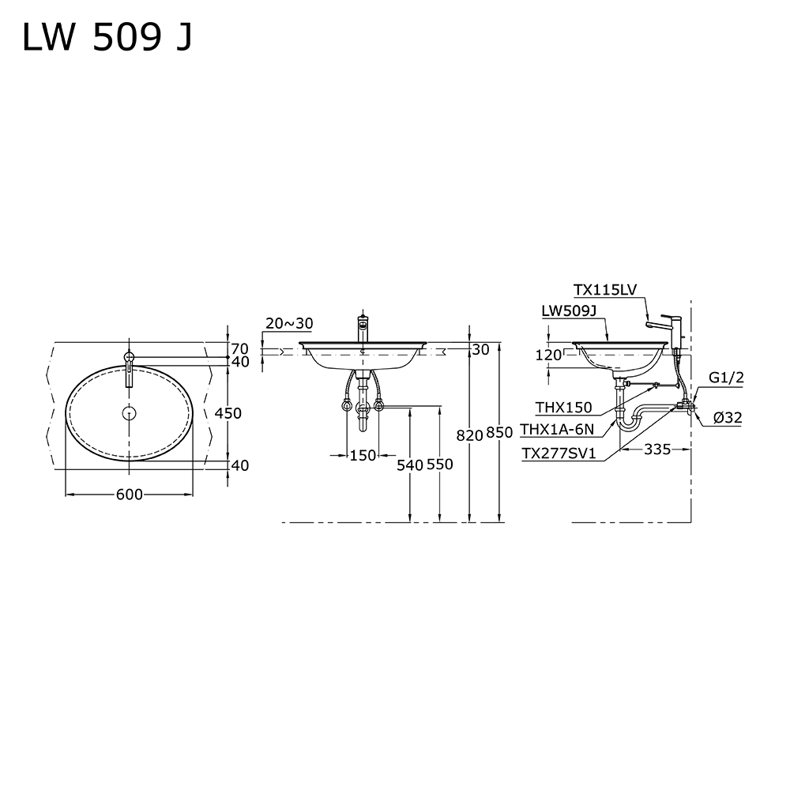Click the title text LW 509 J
(107, 38)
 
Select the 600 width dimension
(129, 495)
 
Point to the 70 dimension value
(240, 348)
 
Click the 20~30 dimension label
(289, 323)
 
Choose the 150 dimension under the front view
(363, 455)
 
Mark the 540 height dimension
(410, 465)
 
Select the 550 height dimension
(439, 465)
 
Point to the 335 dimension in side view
(656, 450)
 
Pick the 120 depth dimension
(547, 355)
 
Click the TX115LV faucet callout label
(605, 290)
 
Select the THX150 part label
(563, 408)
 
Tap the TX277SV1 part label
(559, 453)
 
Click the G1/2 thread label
(726, 378)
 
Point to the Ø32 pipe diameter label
(727, 419)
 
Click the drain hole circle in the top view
(129, 412)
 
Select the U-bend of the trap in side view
(629, 423)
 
